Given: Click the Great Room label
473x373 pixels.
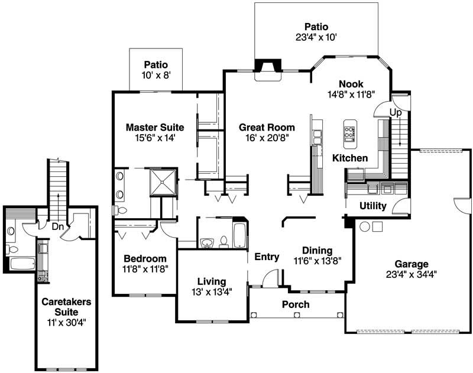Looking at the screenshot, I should (x=263, y=127).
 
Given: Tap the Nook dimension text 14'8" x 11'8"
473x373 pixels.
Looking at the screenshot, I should (x=351, y=94).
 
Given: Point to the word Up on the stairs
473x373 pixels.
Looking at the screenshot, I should (x=396, y=112).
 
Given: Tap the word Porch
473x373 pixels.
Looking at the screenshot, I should (x=295, y=304).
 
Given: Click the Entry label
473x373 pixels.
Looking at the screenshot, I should (x=266, y=257).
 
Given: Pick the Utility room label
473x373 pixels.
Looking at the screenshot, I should (x=373, y=206).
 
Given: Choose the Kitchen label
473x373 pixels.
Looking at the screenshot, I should (x=349, y=158).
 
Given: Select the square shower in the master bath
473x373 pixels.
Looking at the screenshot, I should (x=163, y=183).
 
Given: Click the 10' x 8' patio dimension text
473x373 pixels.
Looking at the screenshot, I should (x=155, y=75).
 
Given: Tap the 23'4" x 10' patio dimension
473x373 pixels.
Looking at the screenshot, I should (x=316, y=37).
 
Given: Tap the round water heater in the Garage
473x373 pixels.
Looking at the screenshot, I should (x=365, y=226).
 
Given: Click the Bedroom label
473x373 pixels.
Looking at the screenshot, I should (x=144, y=258).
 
